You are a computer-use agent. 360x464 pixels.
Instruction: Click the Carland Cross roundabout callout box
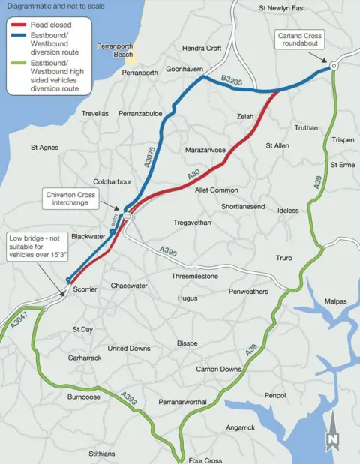pyautogui.click(x=300, y=40)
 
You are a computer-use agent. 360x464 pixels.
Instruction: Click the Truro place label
pyautogui.click(x=284, y=258)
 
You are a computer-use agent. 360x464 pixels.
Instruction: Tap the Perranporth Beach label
pyautogui.click(x=114, y=50)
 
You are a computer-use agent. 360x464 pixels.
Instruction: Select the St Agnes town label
pyautogui.click(x=44, y=148)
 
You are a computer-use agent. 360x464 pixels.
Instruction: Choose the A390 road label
pyautogui.click(x=168, y=253)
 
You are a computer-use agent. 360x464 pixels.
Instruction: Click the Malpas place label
pyautogui.click(x=336, y=301)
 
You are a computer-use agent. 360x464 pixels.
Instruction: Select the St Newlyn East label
pyautogui.click(x=283, y=8)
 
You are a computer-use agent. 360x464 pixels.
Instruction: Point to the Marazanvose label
pyautogui.click(x=205, y=151)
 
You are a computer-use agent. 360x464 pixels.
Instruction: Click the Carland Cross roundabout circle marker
pyautogui.click(x=334, y=66)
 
